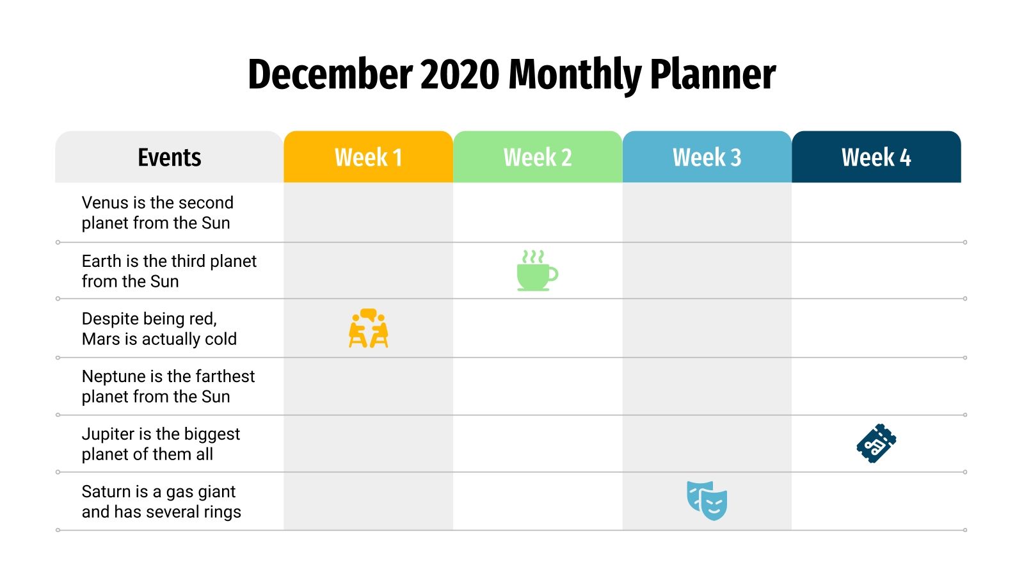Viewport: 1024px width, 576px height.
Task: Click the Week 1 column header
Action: [x=368, y=157]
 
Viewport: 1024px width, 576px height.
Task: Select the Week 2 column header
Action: [x=538, y=157]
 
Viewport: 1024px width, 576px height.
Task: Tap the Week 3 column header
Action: [x=707, y=157]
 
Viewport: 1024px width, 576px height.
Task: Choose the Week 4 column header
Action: [x=876, y=157]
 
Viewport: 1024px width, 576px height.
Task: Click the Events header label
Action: [x=170, y=157]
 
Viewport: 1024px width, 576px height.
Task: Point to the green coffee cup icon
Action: [x=537, y=271]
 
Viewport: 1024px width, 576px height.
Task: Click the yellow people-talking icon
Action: [x=369, y=328]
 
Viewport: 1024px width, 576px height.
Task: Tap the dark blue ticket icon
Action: [x=876, y=443]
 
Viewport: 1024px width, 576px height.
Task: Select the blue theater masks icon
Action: [x=707, y=500]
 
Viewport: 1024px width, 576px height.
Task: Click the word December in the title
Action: [x=330, y=74]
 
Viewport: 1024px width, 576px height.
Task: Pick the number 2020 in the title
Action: [x=460, y=74]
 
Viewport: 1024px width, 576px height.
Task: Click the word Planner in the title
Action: [x=713, y=74]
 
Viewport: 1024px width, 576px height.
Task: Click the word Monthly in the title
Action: [x=575, y=74]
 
